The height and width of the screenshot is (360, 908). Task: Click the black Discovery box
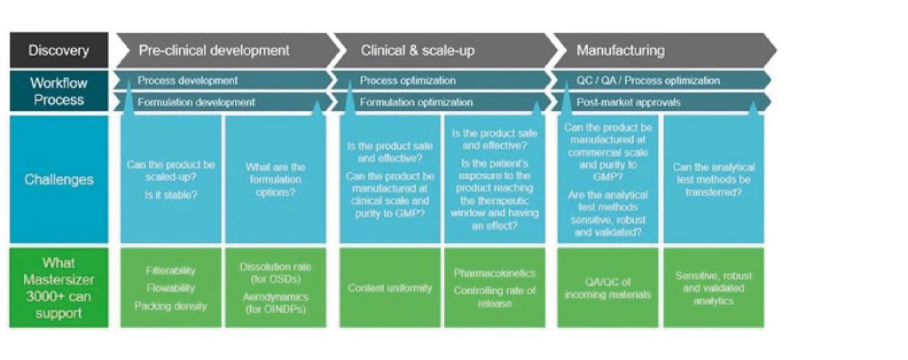pos(59,51)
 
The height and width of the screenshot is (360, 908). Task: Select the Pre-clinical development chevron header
pos(226,51)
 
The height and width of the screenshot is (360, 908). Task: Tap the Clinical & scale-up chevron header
pos(443,51)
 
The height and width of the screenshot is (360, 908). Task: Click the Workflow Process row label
pos(59,90)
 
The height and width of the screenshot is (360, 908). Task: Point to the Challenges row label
pos(59,179)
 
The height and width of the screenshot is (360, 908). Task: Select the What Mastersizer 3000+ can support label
pos(59,288)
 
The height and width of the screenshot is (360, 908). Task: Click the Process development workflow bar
pos(223,81)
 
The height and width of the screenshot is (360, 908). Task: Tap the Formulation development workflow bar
pos(223,103)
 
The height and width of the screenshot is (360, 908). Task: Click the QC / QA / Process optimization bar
pos(660,81)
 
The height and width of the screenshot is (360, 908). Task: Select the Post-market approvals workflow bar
pos(660,103)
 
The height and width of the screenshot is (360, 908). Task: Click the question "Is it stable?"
pos(171,195)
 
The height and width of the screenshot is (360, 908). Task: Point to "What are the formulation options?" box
pos(276,179)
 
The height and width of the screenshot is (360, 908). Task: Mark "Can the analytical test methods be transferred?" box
pos(714,179)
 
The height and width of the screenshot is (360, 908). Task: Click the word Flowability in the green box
pos(171,287)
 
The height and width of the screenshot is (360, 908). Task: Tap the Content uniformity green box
pos(390,287)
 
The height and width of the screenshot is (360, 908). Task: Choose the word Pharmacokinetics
pos(495,273)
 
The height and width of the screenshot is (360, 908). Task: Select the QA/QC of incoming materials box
pos(608,287)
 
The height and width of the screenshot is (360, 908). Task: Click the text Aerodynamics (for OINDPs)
pos(276,302)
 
